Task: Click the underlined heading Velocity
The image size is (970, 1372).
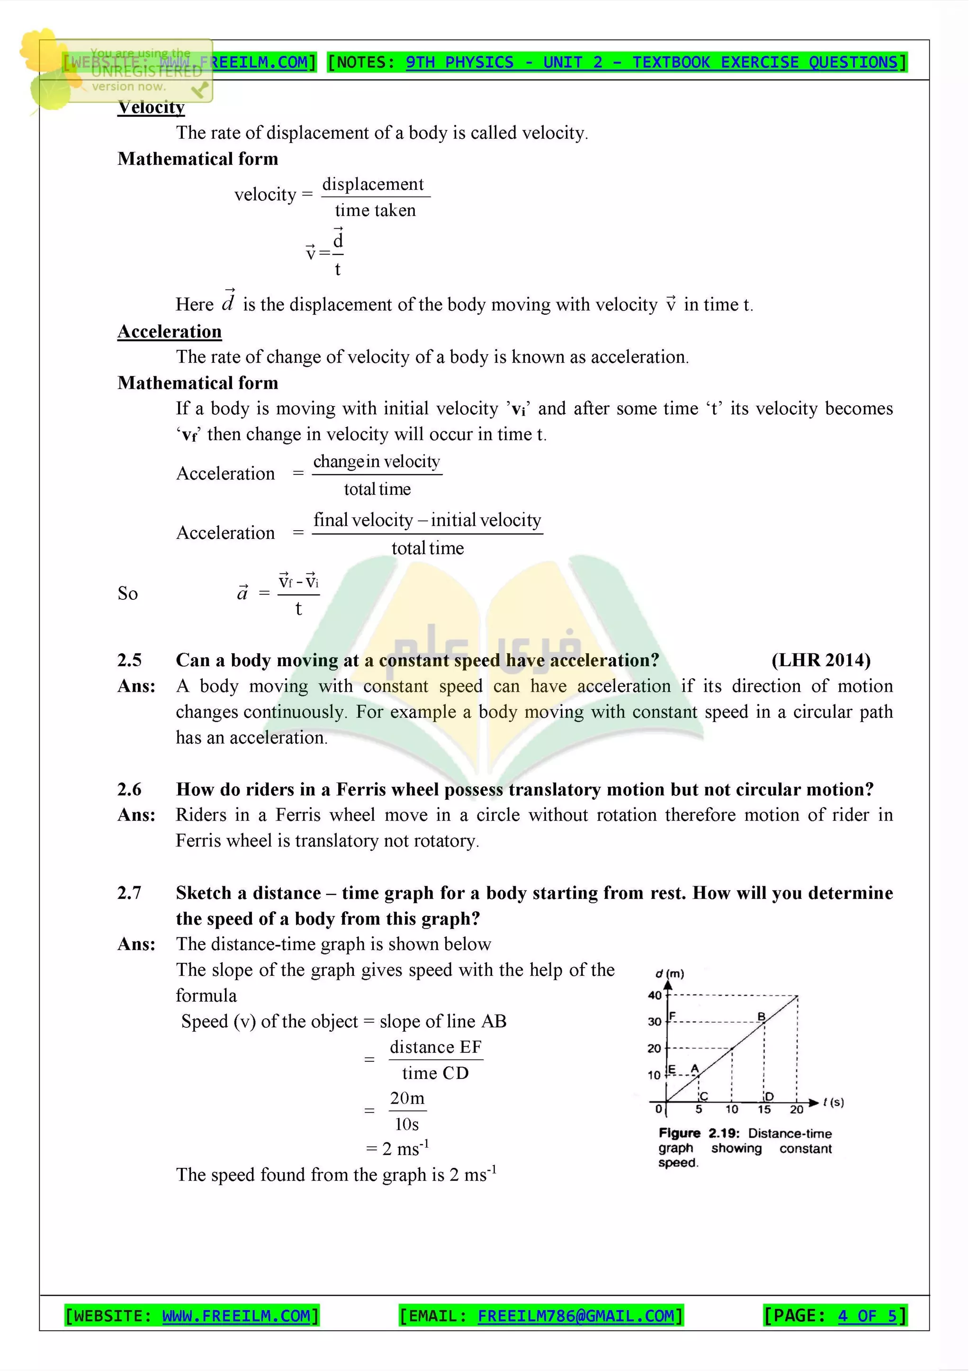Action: pyautogui.click(x=151, y=107)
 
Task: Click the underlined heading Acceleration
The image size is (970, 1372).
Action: pyautogui.click(x=169, y=332)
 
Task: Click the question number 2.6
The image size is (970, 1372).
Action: pyautogui.click(x=129, y=789)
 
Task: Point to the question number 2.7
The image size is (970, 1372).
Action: pyautogui.click(x=129, y=893)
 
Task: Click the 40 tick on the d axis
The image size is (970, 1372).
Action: pyautogui.click(x=655, y=996)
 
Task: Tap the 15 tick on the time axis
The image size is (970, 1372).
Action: pyautogui.click(x=764, y=1110)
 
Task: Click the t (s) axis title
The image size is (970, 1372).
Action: pyautogui.click(x=833, y=1102)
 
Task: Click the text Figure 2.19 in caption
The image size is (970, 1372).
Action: pyautogui.click(x=699, y=1133)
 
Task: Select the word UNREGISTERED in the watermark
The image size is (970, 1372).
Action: pyautogui.click(x=146, y=71)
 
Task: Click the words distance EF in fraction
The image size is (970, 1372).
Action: pyautogui.click(x=435, y=1047)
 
